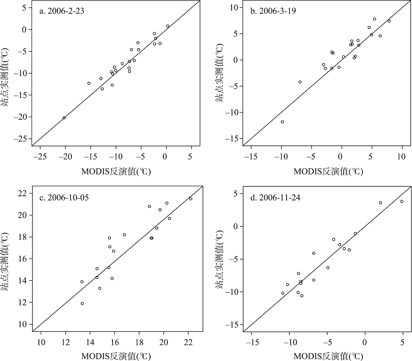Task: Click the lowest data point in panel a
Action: click(64, 118)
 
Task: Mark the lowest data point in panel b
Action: click(282, 122)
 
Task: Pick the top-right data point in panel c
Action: click(191, 199)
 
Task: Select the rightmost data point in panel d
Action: click(402, 201)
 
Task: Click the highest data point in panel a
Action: click(168, 26)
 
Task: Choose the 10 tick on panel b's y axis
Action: click(233, 7)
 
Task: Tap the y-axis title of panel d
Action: click(221, 261)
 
